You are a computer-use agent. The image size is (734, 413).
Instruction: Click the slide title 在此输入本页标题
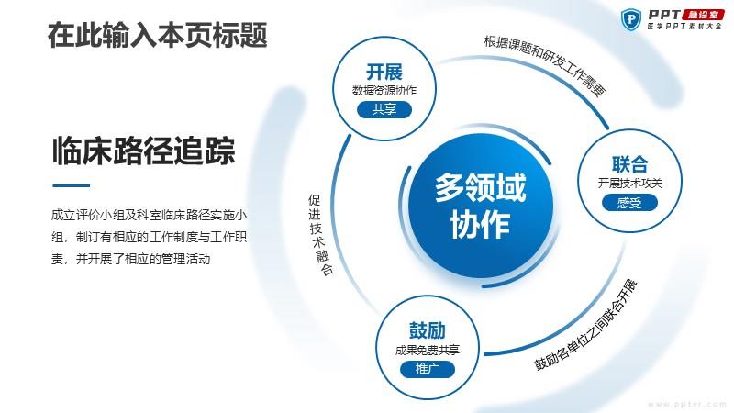[157, 35]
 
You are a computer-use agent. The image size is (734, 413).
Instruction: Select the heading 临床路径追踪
[143, 151]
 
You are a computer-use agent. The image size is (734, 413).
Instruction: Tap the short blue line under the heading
[72, 185]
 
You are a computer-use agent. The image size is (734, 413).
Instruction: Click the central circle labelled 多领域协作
[481, 206]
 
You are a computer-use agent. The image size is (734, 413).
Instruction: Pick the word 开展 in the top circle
[384, 73]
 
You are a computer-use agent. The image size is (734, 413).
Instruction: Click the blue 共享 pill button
[384, 109]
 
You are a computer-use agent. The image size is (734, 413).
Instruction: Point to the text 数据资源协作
[384, 90]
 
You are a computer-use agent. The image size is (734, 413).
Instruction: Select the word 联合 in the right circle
[629, 164]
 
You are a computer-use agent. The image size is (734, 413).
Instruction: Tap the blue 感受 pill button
[629, 203]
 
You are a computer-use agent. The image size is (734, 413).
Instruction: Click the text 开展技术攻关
[629, 183]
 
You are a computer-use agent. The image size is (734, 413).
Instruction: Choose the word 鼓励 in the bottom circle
[427, 330]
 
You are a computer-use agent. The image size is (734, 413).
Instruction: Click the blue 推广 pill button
[427, 370]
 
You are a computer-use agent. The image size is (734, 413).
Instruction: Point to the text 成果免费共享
[427, 350]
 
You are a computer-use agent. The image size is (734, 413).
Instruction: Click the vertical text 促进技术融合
[320, 235]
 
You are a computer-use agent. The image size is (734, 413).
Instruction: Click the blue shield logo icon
[630, 19]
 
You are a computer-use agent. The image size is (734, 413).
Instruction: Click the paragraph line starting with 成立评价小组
[149, 215]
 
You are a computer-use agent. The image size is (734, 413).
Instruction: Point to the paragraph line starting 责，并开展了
[130, 259]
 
